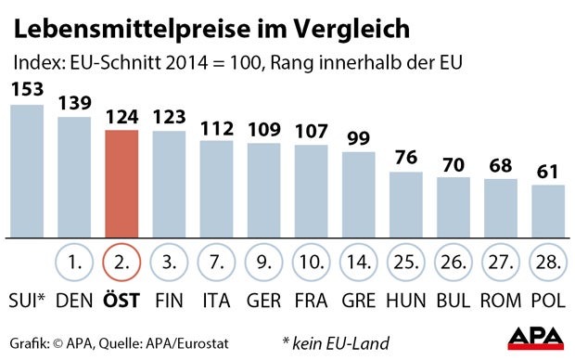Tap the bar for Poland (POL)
tap(548, 211)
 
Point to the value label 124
tap(122, 119)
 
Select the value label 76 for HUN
tap(405, 159)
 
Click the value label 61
tap(548, 173)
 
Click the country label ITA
tap(216, 302)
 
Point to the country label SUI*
tap(28, 302)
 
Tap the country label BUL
tap(454, 302)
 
